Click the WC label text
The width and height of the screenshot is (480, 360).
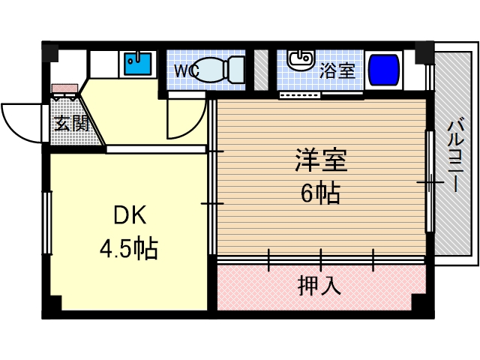pos(185,71)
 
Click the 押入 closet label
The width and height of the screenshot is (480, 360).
pos(319,286)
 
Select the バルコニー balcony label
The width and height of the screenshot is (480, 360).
pos(454,157)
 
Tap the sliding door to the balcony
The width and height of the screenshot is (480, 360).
pos(429,181)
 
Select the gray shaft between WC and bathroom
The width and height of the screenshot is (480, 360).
pos(261,69)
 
